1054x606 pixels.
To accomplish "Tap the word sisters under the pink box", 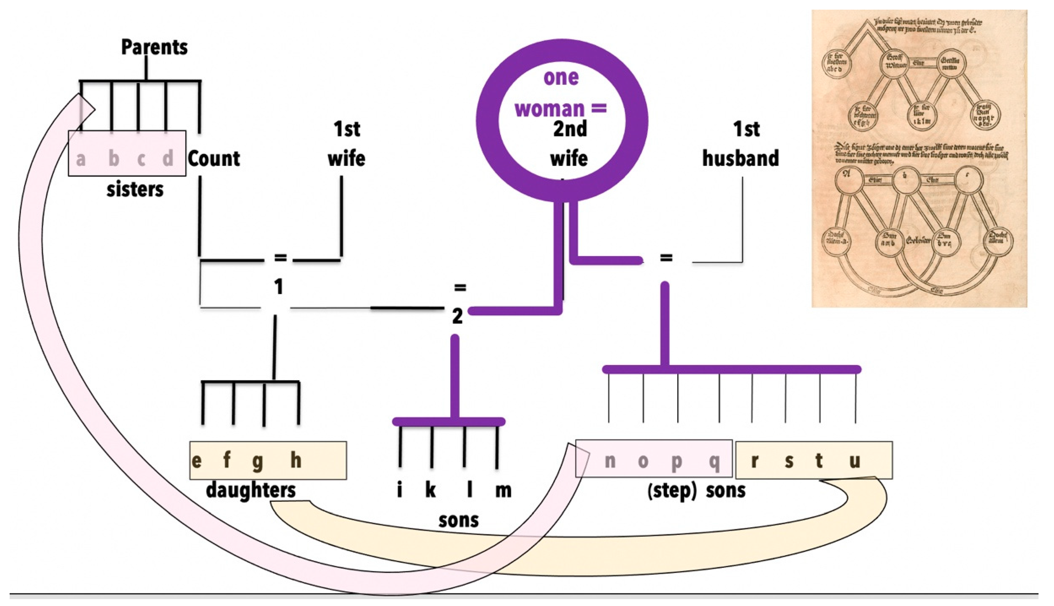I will pos(135,190).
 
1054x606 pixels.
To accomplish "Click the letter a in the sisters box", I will pos(81,159).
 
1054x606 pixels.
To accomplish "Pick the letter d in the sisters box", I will pos(168,159).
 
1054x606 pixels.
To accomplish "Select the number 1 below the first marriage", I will pos(278,287).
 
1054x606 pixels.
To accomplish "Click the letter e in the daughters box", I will pos(196,461).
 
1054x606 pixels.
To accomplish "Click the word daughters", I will pos(251,490).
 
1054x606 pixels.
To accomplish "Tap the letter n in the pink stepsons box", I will pos(610,461).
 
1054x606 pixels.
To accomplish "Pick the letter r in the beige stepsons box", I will pos(754,461).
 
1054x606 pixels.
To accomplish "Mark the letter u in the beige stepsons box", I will pos(854,461).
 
